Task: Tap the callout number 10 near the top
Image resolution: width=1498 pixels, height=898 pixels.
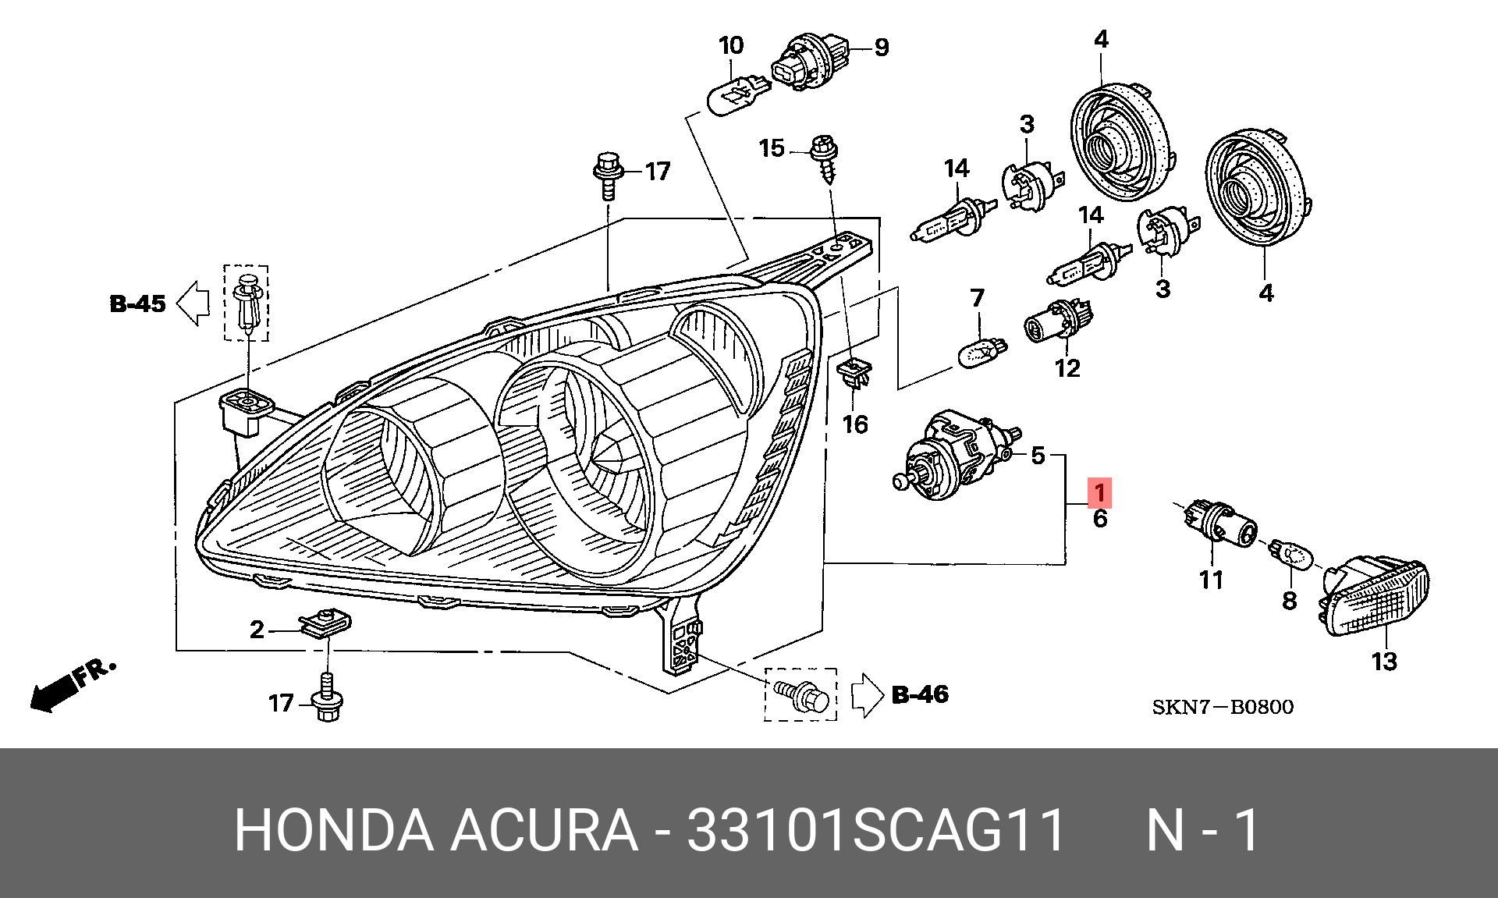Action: tap(731, 46)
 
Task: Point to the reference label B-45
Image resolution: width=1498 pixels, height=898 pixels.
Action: tap(138, 303)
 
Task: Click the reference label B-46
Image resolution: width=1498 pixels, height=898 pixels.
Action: tap(920, 694)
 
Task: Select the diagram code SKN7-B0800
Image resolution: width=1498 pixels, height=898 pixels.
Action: tap(1223, 708)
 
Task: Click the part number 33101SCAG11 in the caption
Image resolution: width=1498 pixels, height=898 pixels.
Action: tap(875, 830)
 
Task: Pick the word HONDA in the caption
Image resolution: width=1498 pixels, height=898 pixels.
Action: tap(333, 830)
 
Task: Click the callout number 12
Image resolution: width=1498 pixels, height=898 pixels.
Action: tap(1067, 367)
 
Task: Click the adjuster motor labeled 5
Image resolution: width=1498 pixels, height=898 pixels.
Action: tap(955, 456)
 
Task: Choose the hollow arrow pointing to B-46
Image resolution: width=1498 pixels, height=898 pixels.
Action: tap(866, 694)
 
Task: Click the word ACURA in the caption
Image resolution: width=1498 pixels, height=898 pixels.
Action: tap(544, 830)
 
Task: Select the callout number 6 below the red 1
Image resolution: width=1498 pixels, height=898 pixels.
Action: tap(1099, 519)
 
